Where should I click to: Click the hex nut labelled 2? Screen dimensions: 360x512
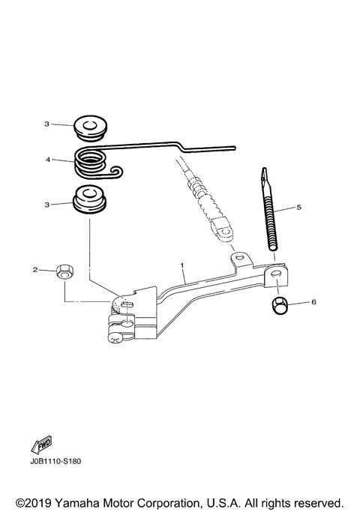coord(65,271)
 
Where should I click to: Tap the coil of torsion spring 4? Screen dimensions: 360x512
coord(90,162)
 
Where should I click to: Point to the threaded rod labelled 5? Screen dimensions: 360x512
coord(270,209)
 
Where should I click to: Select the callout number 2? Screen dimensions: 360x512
coord(35,270)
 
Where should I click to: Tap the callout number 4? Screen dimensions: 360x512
coord(48,160)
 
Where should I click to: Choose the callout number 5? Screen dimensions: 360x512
coord(299,207)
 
